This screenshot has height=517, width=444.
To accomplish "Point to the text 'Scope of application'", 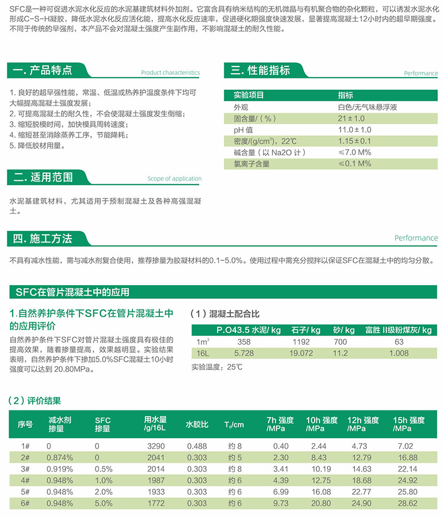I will [174, 179].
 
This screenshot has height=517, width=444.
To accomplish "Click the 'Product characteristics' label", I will [170, 73].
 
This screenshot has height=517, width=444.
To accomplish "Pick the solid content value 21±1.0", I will [351, 118].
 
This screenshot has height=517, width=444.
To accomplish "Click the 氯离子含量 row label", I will [251, 164].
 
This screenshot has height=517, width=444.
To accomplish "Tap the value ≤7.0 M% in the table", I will [355, 152].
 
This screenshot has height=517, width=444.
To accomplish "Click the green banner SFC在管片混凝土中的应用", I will [72, 292].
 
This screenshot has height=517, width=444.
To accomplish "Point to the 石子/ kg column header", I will [306, 330].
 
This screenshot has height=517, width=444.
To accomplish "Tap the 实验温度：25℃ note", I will [218, 367].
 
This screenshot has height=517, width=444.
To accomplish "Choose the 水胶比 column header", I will [197, 424].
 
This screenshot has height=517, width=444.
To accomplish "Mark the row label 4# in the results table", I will [25, 480].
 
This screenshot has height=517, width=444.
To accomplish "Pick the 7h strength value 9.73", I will [281, 504].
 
